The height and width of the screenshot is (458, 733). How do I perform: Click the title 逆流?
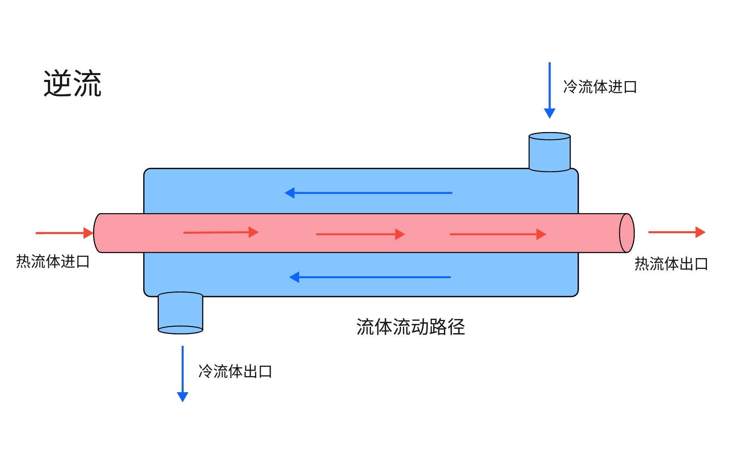pos(73,83)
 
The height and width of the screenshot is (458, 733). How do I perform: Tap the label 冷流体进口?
pos(600,87)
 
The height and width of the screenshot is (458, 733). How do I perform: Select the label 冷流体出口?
pos(235,372)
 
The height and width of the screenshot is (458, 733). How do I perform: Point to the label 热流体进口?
pos(53,262)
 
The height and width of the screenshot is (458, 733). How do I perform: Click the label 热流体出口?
pos(671,264)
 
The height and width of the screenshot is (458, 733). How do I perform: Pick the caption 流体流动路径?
pos(411,327)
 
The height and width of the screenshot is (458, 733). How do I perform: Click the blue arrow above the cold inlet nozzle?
pos(549,90)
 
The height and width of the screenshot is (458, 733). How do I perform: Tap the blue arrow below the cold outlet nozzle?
pos(182,374)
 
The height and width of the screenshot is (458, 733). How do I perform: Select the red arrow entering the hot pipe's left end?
pos(64,233)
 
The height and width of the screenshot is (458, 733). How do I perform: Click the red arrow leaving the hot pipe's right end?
pos(676,232)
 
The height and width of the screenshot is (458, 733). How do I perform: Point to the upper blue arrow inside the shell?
pos(369,193)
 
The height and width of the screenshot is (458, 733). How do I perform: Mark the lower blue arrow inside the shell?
pos(370,277)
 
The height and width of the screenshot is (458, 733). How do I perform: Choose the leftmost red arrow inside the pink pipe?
pos(221,232)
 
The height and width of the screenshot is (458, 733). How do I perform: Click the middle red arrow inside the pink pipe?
pos(360,234)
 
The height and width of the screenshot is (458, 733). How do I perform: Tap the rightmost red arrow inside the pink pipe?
pos(498,234)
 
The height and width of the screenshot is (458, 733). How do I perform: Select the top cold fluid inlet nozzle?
pos(549,152)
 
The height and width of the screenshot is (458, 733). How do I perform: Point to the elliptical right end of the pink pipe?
pos(627,233)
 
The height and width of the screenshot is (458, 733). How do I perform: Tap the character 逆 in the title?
pos(58,83)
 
